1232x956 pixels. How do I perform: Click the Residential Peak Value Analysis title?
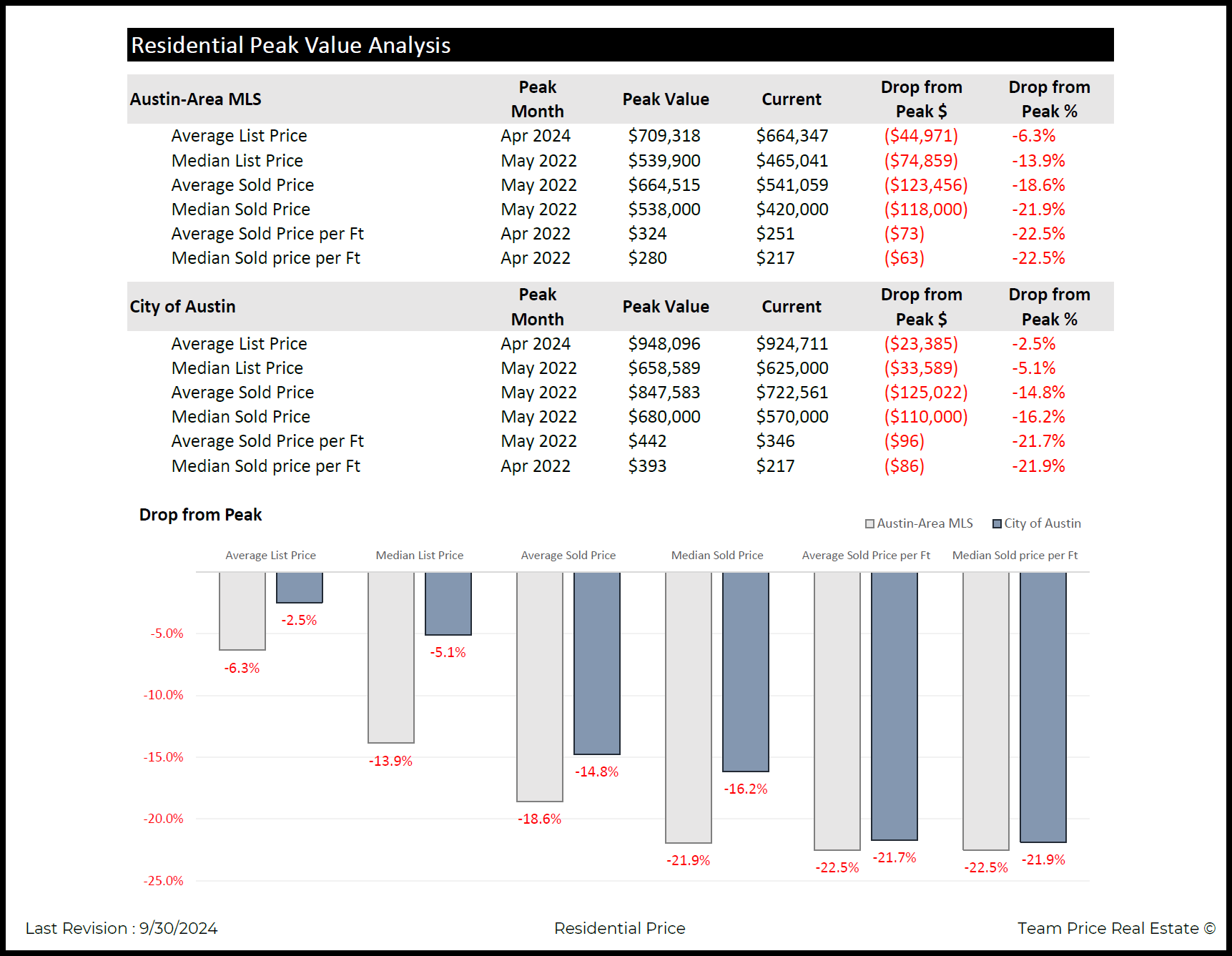[290, 45]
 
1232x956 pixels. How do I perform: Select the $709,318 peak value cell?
[664, 136]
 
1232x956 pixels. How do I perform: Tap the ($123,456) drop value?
[925, 185]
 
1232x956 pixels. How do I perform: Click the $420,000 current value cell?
[792, 210]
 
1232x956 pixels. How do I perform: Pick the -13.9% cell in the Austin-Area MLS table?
[1038, 161]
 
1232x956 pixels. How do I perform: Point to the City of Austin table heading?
[182, 307]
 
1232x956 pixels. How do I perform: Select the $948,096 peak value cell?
[664, 344]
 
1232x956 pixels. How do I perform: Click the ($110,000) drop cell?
[925, 417]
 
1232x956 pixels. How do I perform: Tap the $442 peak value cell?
[647, 441]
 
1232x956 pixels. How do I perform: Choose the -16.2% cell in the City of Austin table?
[1038, 417]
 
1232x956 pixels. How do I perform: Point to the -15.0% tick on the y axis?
[163, 757]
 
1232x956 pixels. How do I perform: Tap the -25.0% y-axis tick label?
[163, 881]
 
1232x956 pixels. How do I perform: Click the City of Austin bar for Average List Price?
[299, 587]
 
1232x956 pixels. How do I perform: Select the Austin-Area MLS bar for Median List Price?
[390, 657]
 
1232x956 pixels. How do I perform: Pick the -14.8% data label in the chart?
[596, 772]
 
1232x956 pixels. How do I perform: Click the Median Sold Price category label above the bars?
[716, 556]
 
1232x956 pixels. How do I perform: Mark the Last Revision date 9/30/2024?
[178, 928]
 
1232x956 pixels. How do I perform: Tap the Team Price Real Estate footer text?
[1115, 928]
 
